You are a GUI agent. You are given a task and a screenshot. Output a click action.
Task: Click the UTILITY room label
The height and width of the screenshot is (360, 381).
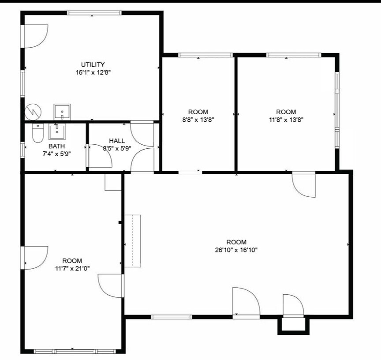pos(93,64)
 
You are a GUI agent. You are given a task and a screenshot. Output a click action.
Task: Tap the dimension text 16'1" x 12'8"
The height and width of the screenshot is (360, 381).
pos(93,72)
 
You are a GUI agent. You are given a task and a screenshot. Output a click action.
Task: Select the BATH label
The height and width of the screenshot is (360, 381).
pos(56,146)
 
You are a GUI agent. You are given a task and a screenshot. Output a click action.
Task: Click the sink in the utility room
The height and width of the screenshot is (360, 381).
pos(62,112)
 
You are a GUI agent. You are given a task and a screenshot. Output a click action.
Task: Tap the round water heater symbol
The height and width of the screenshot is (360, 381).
pos(32,111)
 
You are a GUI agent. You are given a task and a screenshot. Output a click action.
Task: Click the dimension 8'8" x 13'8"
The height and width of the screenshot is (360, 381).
pos(198,119)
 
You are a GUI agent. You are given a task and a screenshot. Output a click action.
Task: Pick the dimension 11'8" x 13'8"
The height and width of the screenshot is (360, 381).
pos(286,119)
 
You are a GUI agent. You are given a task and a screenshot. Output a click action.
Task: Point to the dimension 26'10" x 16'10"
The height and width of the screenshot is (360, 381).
pos(236,250)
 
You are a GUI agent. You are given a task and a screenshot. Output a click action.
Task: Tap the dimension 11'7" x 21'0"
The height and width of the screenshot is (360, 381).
pos(72,268)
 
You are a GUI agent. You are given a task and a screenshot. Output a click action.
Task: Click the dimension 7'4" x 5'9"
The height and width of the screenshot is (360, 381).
pos(56,154)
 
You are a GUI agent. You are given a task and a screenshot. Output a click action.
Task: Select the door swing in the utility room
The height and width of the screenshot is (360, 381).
pos(35,36)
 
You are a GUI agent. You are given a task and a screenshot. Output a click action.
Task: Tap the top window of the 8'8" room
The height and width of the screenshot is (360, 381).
pos(205,55)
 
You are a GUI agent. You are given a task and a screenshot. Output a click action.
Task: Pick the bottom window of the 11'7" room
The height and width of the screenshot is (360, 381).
pos(75,351)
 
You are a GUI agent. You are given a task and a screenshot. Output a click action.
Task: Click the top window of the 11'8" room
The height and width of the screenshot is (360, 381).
pos(293,55)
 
